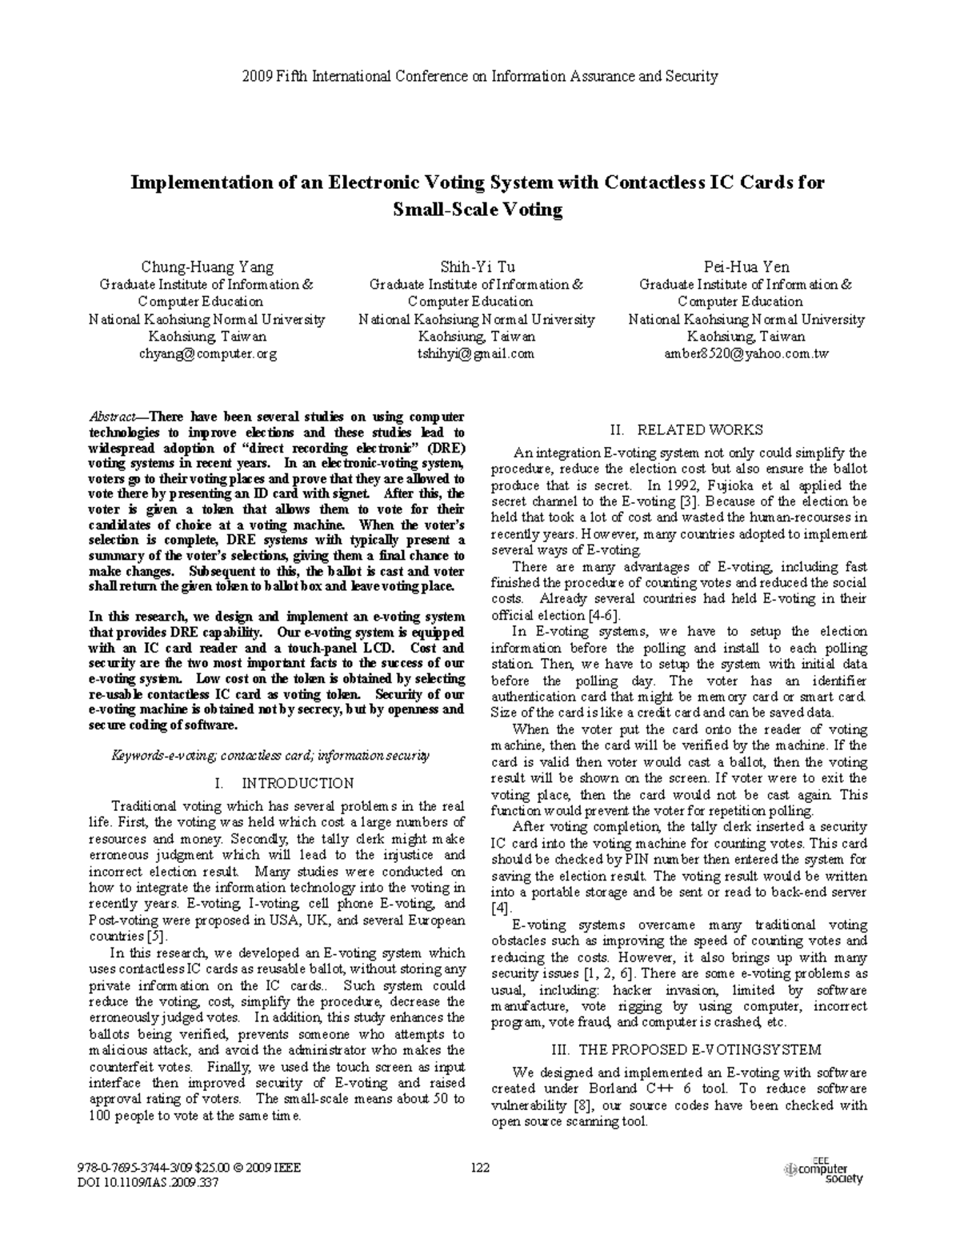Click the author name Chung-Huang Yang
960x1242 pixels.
(207, 267)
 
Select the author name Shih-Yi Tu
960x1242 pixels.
(477, 267)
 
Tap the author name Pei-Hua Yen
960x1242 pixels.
(746, 267)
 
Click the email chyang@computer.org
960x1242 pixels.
(207, 353)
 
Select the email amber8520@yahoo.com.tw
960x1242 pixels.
(746, 353)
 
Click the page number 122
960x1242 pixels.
(480, 1168)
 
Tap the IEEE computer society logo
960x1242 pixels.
(823, 1171)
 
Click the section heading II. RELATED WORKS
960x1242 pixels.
(686, 429)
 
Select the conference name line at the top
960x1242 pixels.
(479, 77)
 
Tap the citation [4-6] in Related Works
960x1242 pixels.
(603, 615)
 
